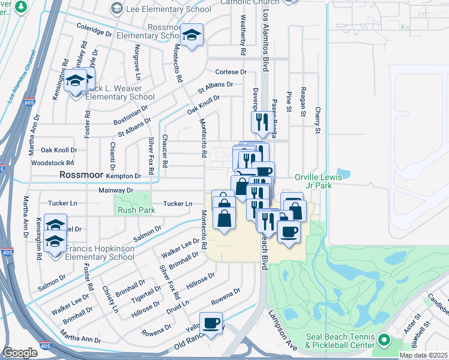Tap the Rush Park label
click(x=136, y=210)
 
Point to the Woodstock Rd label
click(x=52, y=163)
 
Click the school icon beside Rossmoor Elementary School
click(x=193, y=36)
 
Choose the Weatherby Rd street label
click(x=244, y=36)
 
